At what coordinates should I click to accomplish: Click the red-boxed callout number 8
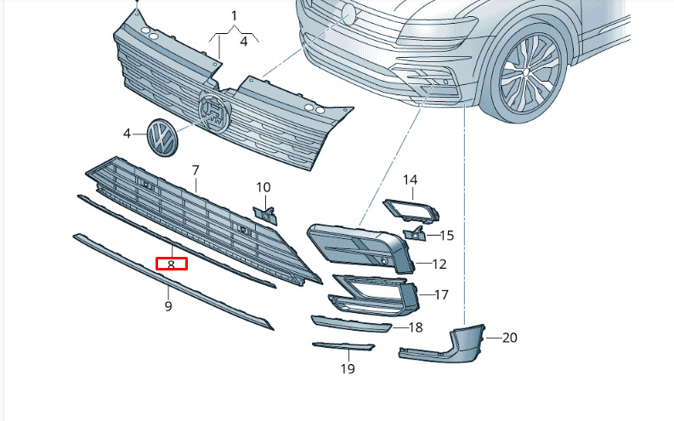tap(171, 265)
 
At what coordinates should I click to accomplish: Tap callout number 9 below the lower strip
tap(168, 306)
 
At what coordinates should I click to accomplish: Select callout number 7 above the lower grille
tap(195, 170)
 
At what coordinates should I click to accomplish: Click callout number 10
tap(263, 187)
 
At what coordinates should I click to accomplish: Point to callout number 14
tap(411, 179)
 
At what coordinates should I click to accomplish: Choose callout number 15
tap(447, 236)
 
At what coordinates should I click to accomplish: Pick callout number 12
tap(439, 264)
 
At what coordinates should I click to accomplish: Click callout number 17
tap(441, 294)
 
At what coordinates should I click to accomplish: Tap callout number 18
tap(416, 327)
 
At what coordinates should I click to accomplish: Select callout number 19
tap(348, 368)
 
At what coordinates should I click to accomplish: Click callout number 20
tap(509, 338)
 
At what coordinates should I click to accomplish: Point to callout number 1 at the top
tap(235, 16)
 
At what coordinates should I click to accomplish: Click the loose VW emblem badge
tap(162, 138)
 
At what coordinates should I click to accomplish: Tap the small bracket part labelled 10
tap(266, 215)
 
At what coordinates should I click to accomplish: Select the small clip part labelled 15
tap(415, 233)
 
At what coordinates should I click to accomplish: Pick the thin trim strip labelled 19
tap(343, 346)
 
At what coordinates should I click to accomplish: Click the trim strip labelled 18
tap(351, 324)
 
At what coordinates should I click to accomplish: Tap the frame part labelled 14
tap(411, 210)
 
